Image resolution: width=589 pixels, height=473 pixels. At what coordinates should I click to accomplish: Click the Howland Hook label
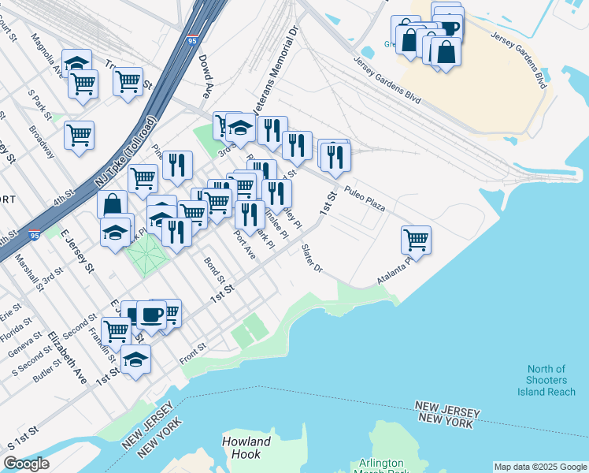pyautogui.click(x=246, y=448)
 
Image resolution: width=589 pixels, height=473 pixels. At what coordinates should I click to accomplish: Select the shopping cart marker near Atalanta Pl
pyautogui.click(x=416, y=240)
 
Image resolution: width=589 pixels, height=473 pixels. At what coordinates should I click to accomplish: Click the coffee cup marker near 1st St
pyautogui.click(x=151, y=315)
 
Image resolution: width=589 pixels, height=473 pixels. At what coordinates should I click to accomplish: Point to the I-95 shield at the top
pyautogui.click(x=193, y=38)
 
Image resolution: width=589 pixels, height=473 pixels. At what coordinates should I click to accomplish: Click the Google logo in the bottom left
pyautogui.click(x=26, y=464)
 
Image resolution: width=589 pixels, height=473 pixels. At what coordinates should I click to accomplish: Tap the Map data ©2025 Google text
pyautogui.click(x=540, y=467)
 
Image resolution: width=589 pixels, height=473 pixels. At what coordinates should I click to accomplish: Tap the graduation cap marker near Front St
pyautogui.click(x=136, y=359)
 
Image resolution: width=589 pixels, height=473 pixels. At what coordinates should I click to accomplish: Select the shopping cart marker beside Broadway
pyautogui.click(x=80, y=136)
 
